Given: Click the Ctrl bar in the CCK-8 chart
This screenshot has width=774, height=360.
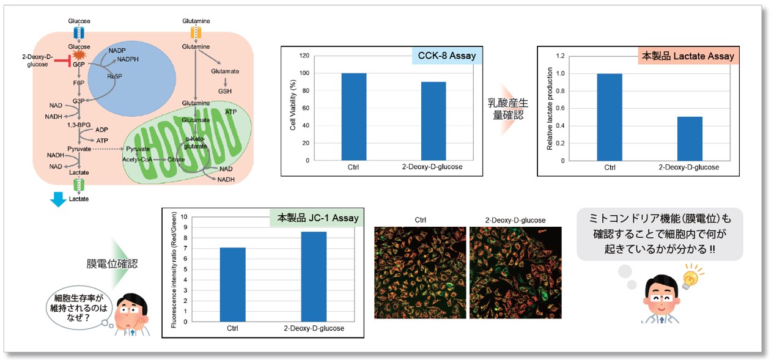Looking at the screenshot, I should [354, 117].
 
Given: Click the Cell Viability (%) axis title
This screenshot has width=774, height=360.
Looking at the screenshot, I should [293, 109].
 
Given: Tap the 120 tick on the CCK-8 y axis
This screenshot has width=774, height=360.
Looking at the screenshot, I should [303, 56].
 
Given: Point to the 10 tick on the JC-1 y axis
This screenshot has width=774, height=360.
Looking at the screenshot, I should [184, 216].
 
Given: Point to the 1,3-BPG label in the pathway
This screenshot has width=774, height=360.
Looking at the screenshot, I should [78, 125].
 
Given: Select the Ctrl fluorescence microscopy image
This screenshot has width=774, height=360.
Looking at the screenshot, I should [419, 273].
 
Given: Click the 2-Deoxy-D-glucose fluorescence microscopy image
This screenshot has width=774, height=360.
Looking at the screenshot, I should [515, 273].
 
